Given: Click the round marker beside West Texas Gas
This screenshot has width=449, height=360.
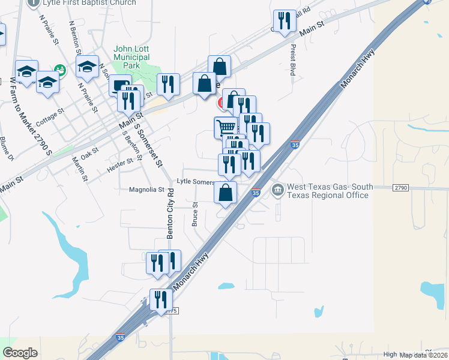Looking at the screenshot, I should [278, 191].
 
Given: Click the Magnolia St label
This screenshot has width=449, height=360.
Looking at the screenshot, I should [146, 190].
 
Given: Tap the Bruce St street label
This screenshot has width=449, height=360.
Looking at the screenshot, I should [194, 214].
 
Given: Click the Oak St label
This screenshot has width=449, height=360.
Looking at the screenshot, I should [89, 154].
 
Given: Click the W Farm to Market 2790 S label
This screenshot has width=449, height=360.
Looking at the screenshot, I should [31, 116].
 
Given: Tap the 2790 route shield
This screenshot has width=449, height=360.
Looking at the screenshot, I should [401, 188].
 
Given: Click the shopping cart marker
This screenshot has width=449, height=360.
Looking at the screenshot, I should [225, 127].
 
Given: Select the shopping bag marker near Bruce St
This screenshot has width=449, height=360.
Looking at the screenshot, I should [225, 192].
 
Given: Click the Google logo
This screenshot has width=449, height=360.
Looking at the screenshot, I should [20, 353].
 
